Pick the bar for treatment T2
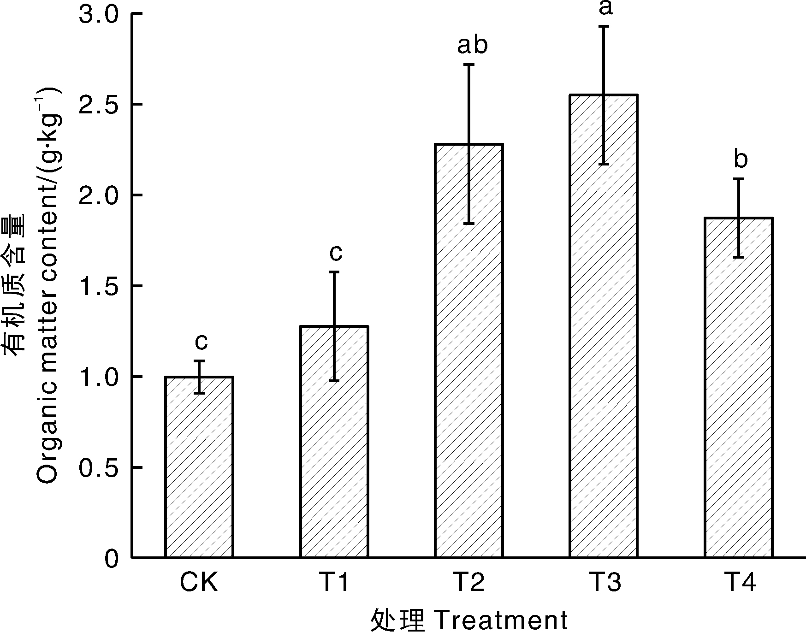coord(469,351)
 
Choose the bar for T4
coord(739,388)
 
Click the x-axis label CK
coord(199,583)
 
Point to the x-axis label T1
coord(334,583)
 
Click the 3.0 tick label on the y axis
coord(99,14)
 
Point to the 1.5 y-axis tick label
coord(99,286)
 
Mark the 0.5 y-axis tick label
coord(99,468)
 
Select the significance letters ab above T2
coord(472,45)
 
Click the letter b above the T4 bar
coord(740,159)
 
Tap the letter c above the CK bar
coord(201,342)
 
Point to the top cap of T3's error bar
coord(604,27)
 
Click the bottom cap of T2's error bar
coord(469,224)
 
